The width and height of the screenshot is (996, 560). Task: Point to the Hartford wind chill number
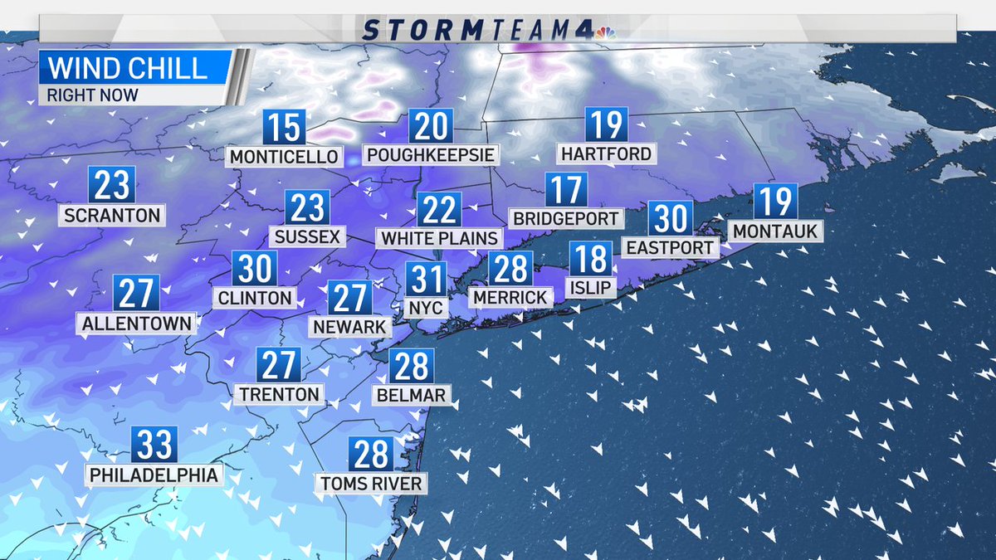point(606,125)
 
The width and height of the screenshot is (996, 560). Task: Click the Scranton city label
point(111,215)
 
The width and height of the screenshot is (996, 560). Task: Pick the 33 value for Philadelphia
point(154,446)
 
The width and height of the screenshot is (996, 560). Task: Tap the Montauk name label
point(775,231)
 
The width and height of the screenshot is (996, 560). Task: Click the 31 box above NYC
point(426,279)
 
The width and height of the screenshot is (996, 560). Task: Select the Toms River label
point(371,483)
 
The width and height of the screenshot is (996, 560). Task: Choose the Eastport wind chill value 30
point(669,218)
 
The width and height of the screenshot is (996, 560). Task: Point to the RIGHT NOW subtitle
point(93,95)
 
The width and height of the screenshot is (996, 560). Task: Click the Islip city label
point(591,287)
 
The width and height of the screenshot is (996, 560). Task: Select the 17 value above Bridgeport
point(567,190)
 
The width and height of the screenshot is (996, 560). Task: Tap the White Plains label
point(439,238)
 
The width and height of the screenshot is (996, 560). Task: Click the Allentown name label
point(137,322)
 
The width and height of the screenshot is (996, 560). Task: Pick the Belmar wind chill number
point(411,366)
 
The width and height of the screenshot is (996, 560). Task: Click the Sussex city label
point(307,236)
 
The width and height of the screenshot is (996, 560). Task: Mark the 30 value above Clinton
point(254,269)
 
